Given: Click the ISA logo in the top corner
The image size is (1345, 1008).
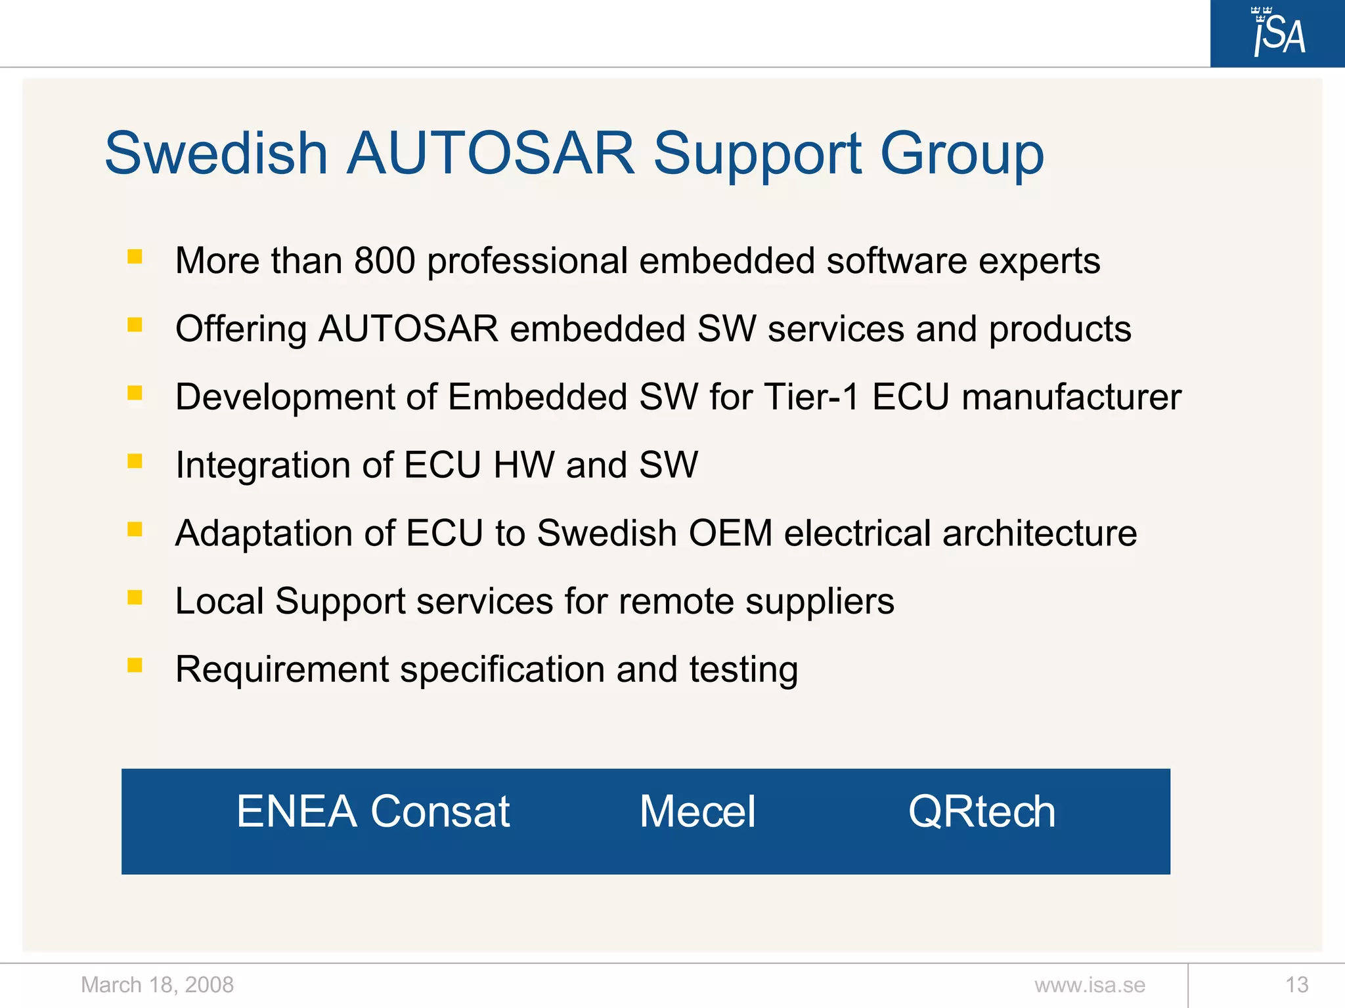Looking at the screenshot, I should pos(1278,33).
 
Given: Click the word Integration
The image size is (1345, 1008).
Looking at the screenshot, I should pos(263,466).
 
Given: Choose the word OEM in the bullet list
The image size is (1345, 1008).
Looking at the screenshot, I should pos(730,533).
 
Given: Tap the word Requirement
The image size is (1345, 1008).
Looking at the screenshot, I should pos(282,670).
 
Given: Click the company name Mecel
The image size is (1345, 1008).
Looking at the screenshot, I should pos(697,812).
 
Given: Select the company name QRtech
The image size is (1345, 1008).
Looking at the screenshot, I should pos(982,812).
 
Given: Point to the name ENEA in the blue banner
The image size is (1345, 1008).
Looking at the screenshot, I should pos(297,812).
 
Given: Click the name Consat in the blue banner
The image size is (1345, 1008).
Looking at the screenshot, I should pos(440,812).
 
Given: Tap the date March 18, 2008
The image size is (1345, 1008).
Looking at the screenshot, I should pos(157,985).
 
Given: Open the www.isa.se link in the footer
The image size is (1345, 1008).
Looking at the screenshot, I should pos(1090,985).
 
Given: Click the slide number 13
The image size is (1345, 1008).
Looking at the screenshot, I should pos(1296,985).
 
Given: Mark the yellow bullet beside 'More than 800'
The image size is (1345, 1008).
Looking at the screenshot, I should pos(135,257).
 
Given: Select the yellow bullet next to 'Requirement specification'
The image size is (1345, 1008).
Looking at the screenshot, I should pos(135,665).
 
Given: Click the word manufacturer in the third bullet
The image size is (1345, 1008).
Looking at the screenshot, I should pos(1071,397).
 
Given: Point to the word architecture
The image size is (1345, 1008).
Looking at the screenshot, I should pos(1040,533).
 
